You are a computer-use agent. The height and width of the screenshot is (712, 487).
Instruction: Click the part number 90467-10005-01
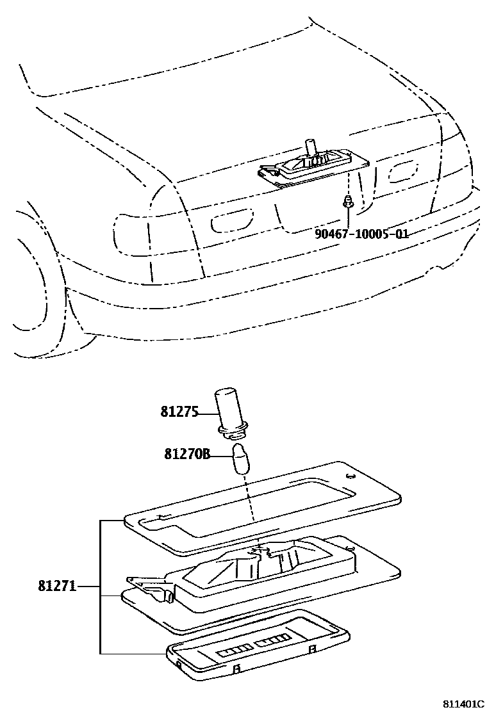click(361, 234)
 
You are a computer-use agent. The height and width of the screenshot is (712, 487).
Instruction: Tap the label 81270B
click(187, 455)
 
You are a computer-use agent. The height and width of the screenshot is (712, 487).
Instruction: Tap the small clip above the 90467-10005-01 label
click(346, 202)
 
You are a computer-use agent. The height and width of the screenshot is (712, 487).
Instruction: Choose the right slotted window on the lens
click(272, 641)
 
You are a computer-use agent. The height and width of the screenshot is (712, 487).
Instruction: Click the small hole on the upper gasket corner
click(350, 476)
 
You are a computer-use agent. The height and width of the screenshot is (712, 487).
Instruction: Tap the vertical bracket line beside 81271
click(101, 586)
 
